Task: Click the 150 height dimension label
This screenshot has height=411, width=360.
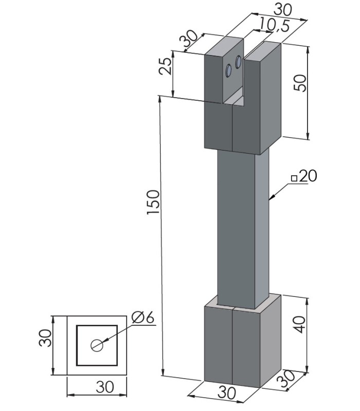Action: point(153,202)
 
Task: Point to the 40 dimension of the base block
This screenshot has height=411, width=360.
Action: point(299,325)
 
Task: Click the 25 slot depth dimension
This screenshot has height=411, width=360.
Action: point(166,66)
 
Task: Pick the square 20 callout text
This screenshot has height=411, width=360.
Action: point(304,176)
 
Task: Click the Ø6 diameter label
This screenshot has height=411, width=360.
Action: point(143,317)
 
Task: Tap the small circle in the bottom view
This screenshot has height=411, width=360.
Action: point(97,345)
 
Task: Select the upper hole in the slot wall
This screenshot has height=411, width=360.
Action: point(239,62)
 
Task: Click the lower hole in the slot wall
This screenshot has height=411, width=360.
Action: point(228,70)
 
